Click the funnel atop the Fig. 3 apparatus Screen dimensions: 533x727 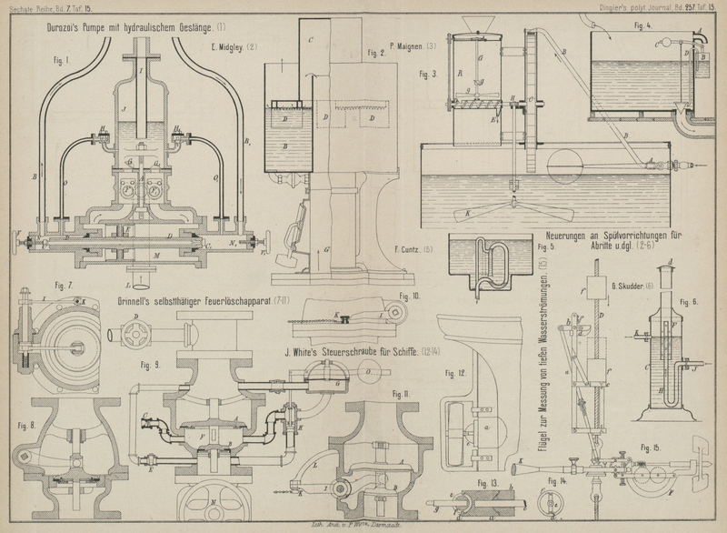coord(479,23)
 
